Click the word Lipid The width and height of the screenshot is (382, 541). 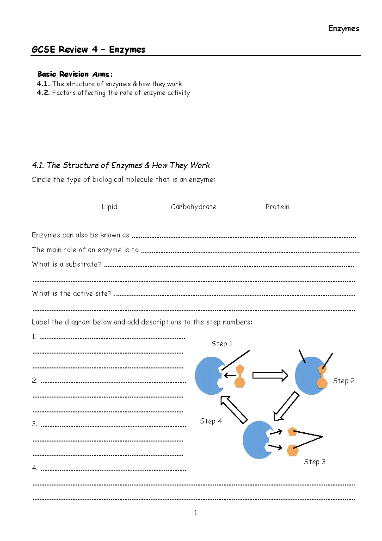click(110, 207)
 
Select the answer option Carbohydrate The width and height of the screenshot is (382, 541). click(193, 207)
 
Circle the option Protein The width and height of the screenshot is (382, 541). click(277, 207)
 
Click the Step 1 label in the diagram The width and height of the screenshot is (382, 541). click(222, 344)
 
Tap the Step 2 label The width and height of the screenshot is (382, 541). click(343, 381)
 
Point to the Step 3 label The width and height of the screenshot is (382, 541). click(315, 462)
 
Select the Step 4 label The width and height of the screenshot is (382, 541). click(211, 421)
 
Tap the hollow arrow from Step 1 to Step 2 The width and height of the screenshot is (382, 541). click(270, 375)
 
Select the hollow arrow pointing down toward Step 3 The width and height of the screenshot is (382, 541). click(286, 406)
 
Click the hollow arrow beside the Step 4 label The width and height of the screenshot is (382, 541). click(234, 410)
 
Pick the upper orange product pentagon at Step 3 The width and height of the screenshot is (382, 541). click(292, 432)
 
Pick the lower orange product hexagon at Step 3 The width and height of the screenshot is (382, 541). click(292, 451)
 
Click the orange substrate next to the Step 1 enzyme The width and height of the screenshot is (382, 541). click(239, 376)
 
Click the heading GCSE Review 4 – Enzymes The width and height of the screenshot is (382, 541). click(88, 49)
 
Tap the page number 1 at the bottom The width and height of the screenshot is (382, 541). click(195, 513)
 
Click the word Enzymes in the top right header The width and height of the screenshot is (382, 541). click(343, 28)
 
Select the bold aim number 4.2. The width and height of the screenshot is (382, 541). click(43, 93)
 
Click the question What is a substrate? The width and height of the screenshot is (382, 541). click(67, 264)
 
